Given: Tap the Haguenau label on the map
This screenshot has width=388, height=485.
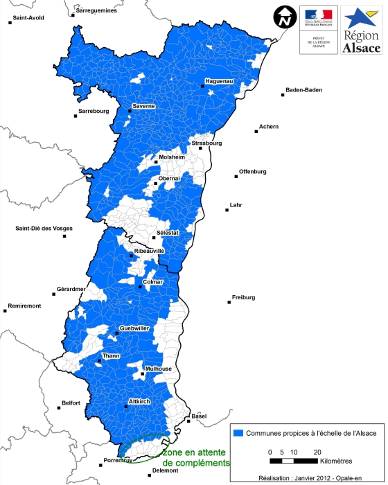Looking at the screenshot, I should tap(220, 82).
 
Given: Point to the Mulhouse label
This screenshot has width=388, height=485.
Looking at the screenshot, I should tap(159, 369).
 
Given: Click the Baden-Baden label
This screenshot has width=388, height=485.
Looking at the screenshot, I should tap(303, 90).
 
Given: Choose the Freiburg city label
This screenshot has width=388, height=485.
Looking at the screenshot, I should tap(243, 297).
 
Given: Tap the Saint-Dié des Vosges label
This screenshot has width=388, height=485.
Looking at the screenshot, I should tap(44, 229).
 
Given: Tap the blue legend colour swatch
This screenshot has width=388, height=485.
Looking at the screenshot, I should tap(240, 433).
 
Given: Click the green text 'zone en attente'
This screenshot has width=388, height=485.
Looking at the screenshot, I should tap(195, 452).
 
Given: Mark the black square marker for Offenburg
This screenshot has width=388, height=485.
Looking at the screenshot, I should tap(236, 177).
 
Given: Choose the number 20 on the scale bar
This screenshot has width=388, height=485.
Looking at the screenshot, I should tap(318, 451).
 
